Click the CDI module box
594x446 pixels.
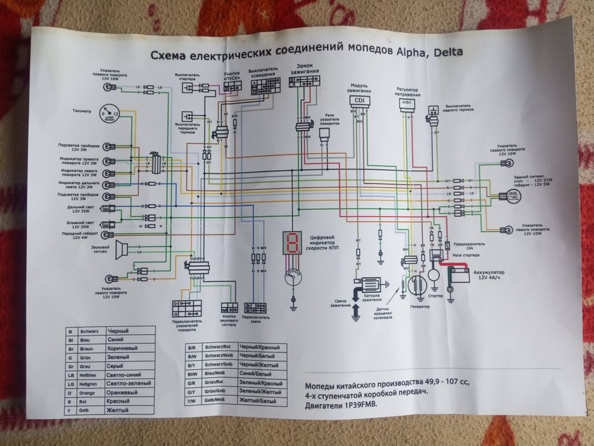pos(360,101)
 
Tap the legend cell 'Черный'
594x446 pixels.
pos(120,331)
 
